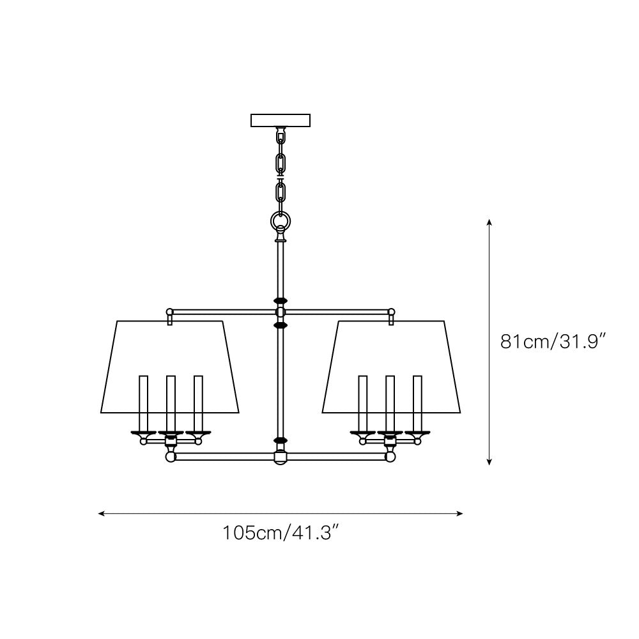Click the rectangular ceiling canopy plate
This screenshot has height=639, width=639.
(x=281, y=120)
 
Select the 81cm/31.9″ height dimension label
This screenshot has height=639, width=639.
(x=554, y=341)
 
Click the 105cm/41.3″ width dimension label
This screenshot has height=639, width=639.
(x=281, y=533)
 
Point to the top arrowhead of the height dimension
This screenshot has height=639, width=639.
(x=489, y=222)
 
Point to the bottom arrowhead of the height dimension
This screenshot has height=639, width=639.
(x=489, y=462)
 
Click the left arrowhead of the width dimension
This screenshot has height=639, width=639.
(x=102, y=514)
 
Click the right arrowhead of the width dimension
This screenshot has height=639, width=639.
(x=459, y=514)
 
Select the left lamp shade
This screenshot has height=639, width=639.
(x=169, y=367)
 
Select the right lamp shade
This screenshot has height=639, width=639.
(x=391, y=367)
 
